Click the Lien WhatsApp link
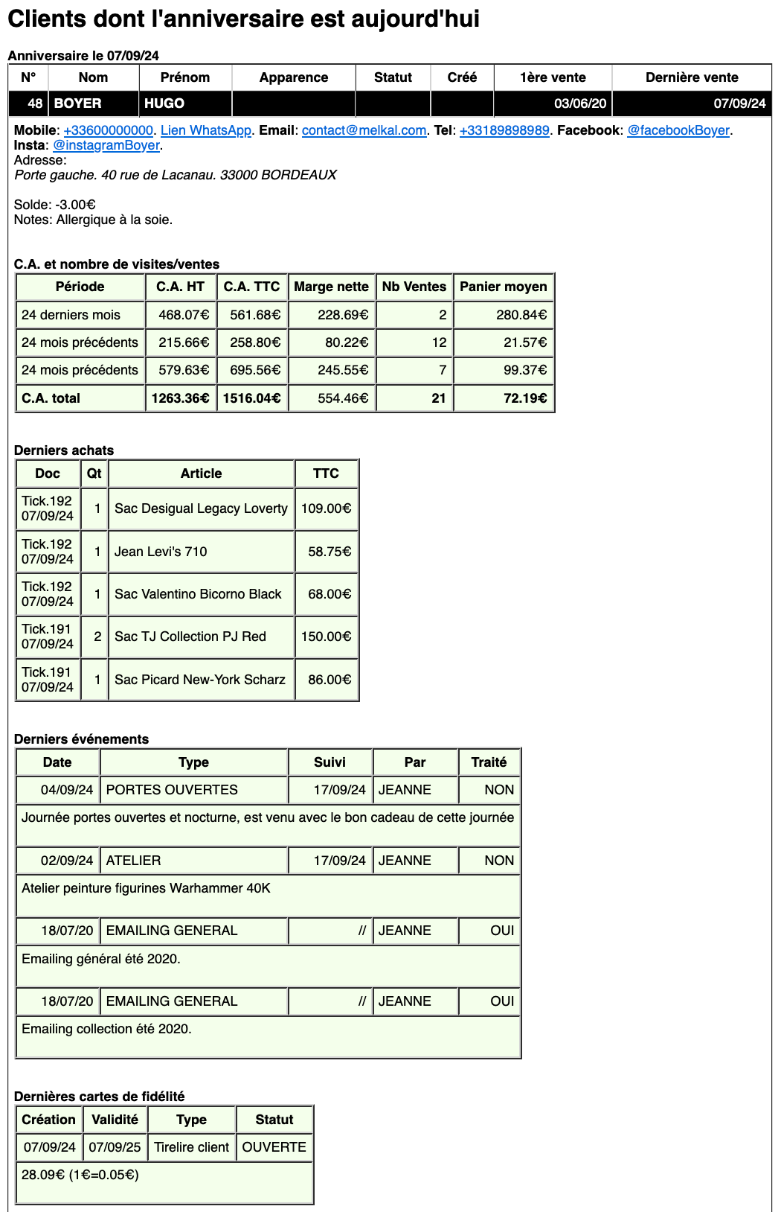pyautogui.click(x=206, y=130)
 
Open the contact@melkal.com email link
pyautogui.click(x=364, y=130)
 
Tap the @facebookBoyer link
pyautogui.click(x=678, y=130)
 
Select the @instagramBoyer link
pyautogui.click(x=106, y=145)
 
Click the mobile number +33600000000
pyautogui.click(x=108, y=130)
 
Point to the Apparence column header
pyautogui.click(x=294, y=77)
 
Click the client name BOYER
pyautogui.click(x=78, y=103)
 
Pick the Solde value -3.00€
pyautogui.click(x=75, y=205)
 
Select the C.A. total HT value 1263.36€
pyautogui.click(x=180, y=398)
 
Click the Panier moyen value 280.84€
pyautogui.click(x=521, y=315)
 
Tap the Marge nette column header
pyautogui.click(x=331, y=287)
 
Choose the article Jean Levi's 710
pyautogui.click(x=161, y=552)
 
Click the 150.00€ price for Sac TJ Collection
pyautogui.click(x=326, y=637)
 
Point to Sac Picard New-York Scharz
pyautogui.click(x=199, y=680)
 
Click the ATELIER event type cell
pyautogui.click(x=134, y=861)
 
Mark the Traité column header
pyautogui.click(x=489, y=762)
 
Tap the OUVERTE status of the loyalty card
pyautogui.click(x=274, y=1147)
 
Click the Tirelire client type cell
pyautogui.click(x=191, y=1147)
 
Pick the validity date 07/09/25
pyautogui.click(x=115, y=1147)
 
